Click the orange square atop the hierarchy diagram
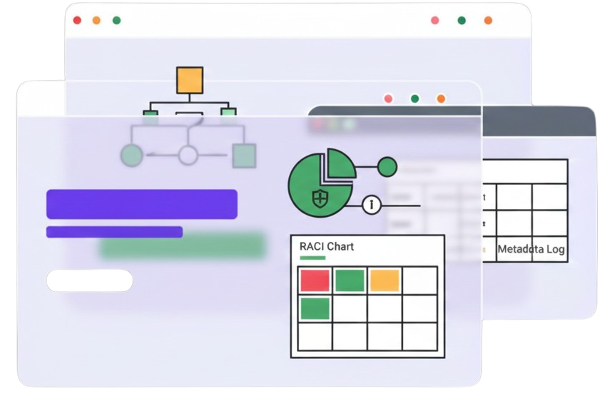coord(190,80)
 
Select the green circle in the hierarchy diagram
coord(132,154)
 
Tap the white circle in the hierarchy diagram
coord(188,154)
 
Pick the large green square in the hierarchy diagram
coord(244,155)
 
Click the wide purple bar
coord(141,204)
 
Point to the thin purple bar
coord(114,232)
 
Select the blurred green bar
coord(183,245)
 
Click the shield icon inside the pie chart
coord(320,197)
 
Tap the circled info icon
coord(371,205)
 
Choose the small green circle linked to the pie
coord(387,167)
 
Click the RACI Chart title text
coord(327,246)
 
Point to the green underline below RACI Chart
coord(312,258)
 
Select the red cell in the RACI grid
coord(315,281)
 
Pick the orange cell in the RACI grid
coord(385,281)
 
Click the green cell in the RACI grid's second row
coord(315,308)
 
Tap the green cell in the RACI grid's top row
coord(350,281)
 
